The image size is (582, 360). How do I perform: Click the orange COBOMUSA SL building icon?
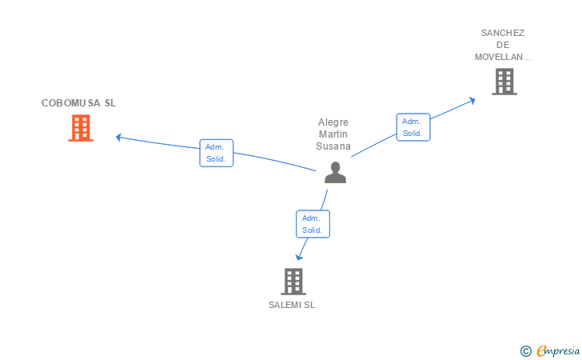(x=81, y=128)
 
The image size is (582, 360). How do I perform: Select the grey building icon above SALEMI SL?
(x=293, y=281)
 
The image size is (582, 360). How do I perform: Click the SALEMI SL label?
(x=293, y=305)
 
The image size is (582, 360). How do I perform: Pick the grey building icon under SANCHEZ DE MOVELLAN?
(x=504, y=82)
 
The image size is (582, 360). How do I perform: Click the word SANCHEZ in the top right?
(x=502, y=33)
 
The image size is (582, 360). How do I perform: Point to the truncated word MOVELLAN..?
(x=502, y=57)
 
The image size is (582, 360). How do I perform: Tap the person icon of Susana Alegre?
(x=335, y=173)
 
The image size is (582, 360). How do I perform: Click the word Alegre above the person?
(x=333, y=122)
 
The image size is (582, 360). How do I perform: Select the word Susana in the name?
(x=333, y=146)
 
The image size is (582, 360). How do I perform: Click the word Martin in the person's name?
(x=333, y=134)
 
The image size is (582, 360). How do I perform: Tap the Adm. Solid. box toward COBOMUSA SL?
(x=216, y=153)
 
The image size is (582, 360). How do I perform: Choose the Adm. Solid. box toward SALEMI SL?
(x=313, y=224)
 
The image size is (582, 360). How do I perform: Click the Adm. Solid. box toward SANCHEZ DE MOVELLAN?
(x=413, y=127)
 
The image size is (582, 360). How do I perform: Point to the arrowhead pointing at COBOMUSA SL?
(x=118, y=137)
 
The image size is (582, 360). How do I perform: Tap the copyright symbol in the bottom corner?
(x=525, y=350)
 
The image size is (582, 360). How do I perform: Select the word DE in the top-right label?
(x=502, y=45)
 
